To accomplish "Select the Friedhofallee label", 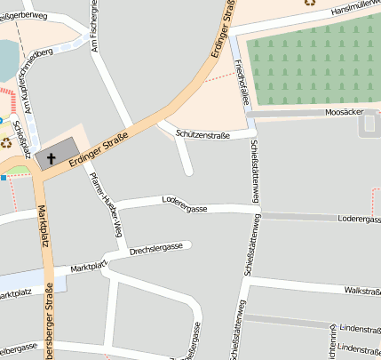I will click(x=241, y=81).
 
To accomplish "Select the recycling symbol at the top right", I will click(x=309, y=3).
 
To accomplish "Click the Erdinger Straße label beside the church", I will click(x=99, y=148).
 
